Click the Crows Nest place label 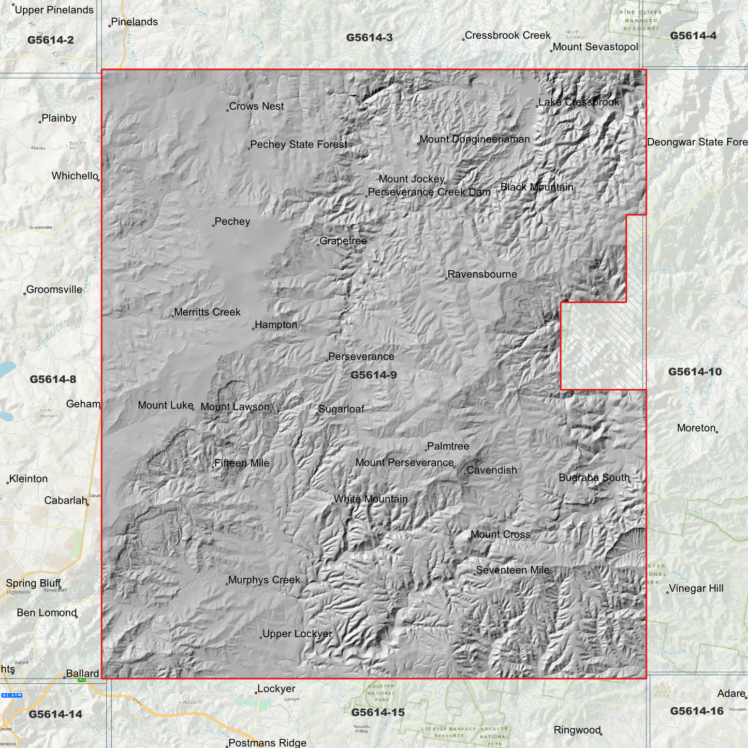pyautogui.click(x=256, y=107)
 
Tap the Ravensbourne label pyautogui.click(x=482, y=274)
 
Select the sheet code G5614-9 pyautogui.click(x=374, y=375)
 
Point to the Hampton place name pyautogui.click(x=276, y=325)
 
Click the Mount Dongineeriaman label pyautogui.click(x=475, y=139)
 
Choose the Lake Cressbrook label pyautogui.click(x=579, y=102)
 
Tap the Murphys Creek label pyautogui.click(x=264, y=580)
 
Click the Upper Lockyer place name pyautogui.click(x=297, y=634)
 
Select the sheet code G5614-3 pyautogui.click(x=370, y=38)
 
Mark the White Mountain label pyautogui.click(x=371, y=500)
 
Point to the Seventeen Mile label pyautogui.click(x=512, y=570)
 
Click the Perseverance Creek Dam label pyautogui.click(x=429, y=193)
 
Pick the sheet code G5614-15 pyautogui.click(x=378, y=713)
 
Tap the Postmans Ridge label pyautogui.click(x=268, y=743)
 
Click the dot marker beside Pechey pyautogui.click(x=213, y=226)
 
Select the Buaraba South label pyautogui.click(x=594, y=478)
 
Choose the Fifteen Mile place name pyautogui.click(x=242, y=463)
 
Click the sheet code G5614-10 pyautogui.click(x=695, y=372)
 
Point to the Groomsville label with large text pyautogui.click(x=54, y=290)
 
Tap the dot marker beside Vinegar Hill pyautogui.click(x=667, y=592)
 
